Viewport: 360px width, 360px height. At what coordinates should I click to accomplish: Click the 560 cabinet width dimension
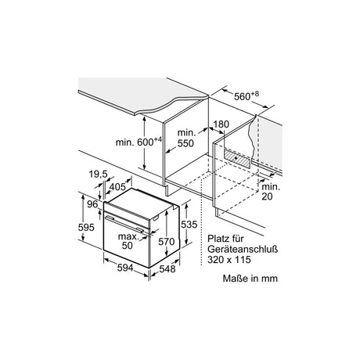coord(247,96)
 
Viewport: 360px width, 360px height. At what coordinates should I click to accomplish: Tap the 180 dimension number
coord(221,124)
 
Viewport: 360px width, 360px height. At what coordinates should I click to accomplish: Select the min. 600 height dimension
coord(139,142)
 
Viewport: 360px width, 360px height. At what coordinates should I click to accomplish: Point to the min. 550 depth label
coord(185,138)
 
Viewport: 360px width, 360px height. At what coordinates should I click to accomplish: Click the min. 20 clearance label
coord(271,192)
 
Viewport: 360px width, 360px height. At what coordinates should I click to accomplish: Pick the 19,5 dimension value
coord(99,174)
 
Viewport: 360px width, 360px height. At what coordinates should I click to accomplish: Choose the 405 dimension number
coord(117,187)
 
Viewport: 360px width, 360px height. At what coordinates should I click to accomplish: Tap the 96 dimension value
coord(92,204)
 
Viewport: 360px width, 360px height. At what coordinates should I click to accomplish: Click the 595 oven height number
coord(86,228)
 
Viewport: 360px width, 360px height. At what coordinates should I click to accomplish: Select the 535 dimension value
coord(189,224)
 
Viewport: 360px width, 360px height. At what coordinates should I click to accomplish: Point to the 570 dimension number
coord(167,242)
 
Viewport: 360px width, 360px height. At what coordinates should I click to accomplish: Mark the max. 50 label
coord(128,241)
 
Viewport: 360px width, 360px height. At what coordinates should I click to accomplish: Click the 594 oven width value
coord(125,268)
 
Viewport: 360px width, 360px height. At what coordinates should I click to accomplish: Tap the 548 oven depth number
coord(167,268)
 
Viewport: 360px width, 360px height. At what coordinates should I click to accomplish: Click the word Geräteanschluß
coord(243,249)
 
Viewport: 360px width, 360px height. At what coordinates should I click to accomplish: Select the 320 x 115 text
coord(229,260)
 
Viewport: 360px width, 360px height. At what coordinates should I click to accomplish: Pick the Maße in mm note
coord(250,279)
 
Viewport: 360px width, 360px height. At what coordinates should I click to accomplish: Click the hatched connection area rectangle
coord(236,158)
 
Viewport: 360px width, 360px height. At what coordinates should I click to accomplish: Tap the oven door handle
coord(124,224)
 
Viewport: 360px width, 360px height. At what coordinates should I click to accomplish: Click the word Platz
coord(218,239)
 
